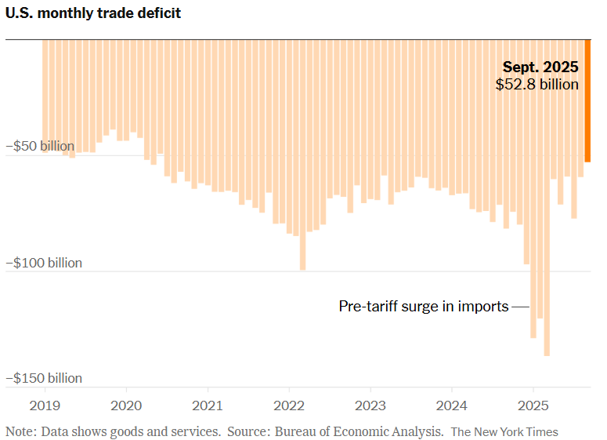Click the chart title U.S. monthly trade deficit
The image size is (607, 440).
(x=93, y=13)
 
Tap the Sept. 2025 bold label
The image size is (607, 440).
(x=540, y=67)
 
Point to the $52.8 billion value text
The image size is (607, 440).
(x=537, y=84)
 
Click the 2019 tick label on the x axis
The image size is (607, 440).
(x=45, y=406)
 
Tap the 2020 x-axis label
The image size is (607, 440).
(x=126, y=406)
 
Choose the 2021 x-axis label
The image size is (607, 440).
(x=208, y=406)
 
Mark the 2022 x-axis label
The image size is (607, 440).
(x=289, y=406)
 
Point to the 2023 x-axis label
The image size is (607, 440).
(x=370, y=406)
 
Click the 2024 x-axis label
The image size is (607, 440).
(x=452, y=406)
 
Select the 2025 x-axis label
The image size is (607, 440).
(x=533, y=406)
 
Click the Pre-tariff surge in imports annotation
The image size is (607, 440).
(x=424, y=307)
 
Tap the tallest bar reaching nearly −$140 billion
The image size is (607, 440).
(x=547, y=235)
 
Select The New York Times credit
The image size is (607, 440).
(x=504, y=431)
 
